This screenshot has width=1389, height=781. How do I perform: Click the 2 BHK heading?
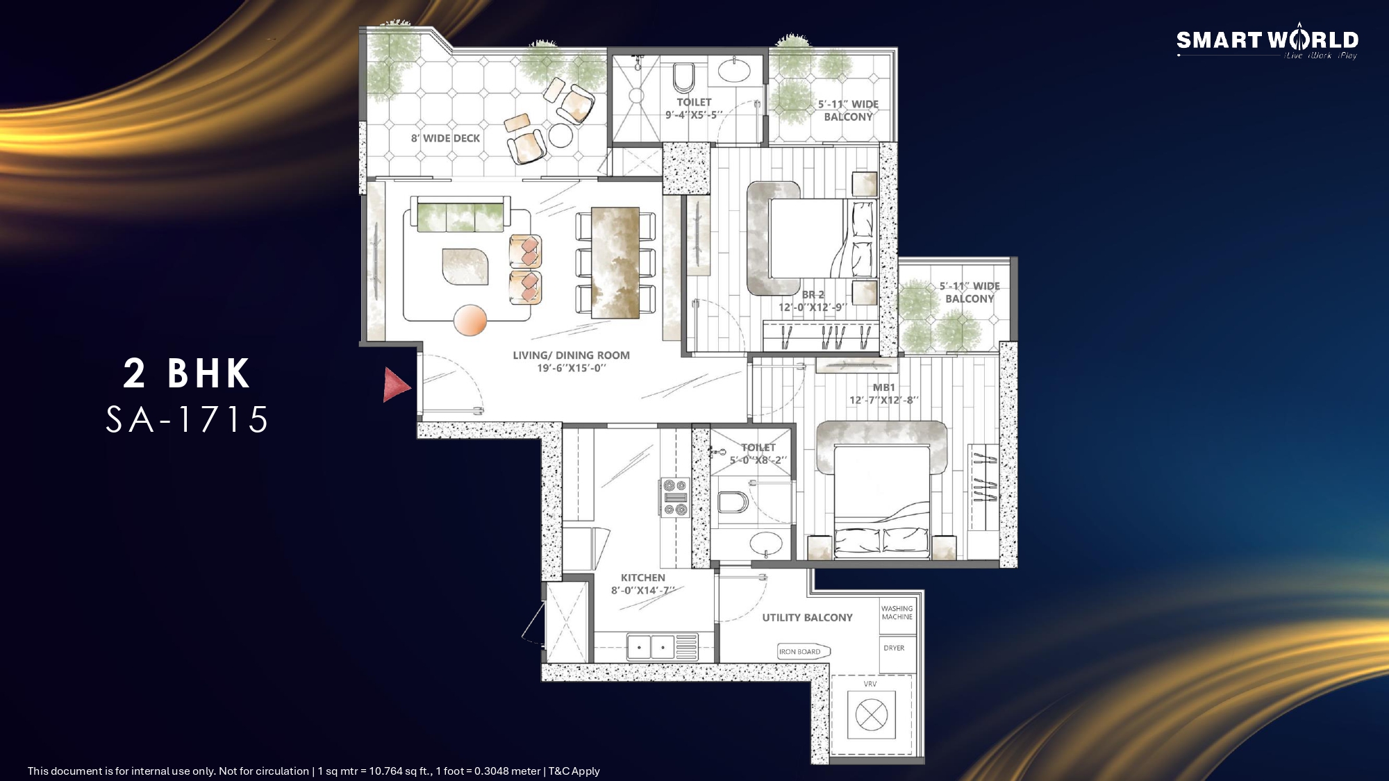click(187, 373)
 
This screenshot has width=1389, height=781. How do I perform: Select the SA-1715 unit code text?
click(187, 419)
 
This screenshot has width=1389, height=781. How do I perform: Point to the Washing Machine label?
click(897, 612)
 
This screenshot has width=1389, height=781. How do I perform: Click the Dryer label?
click(894, 648)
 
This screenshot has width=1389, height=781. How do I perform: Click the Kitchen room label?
click(643, 578)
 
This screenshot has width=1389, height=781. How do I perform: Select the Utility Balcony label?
click(807, 617)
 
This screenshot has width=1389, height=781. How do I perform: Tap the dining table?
click(615, 262)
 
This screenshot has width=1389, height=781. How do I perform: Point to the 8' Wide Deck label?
click(445, 138)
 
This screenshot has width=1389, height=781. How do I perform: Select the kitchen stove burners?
click(674, 497)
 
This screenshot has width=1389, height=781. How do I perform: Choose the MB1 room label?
click(884, 387)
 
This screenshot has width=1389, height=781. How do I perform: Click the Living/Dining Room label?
click(572, 355)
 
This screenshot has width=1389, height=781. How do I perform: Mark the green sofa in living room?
click(460, 214)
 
